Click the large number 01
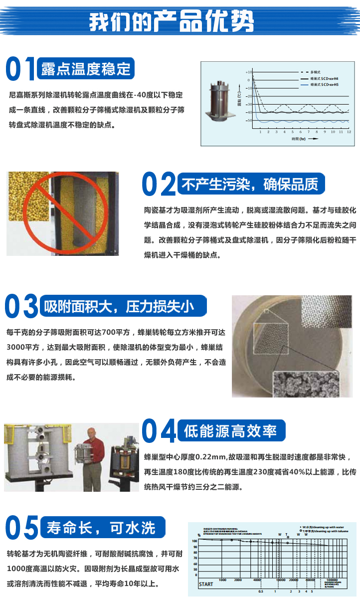20,69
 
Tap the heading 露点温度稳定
86,69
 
